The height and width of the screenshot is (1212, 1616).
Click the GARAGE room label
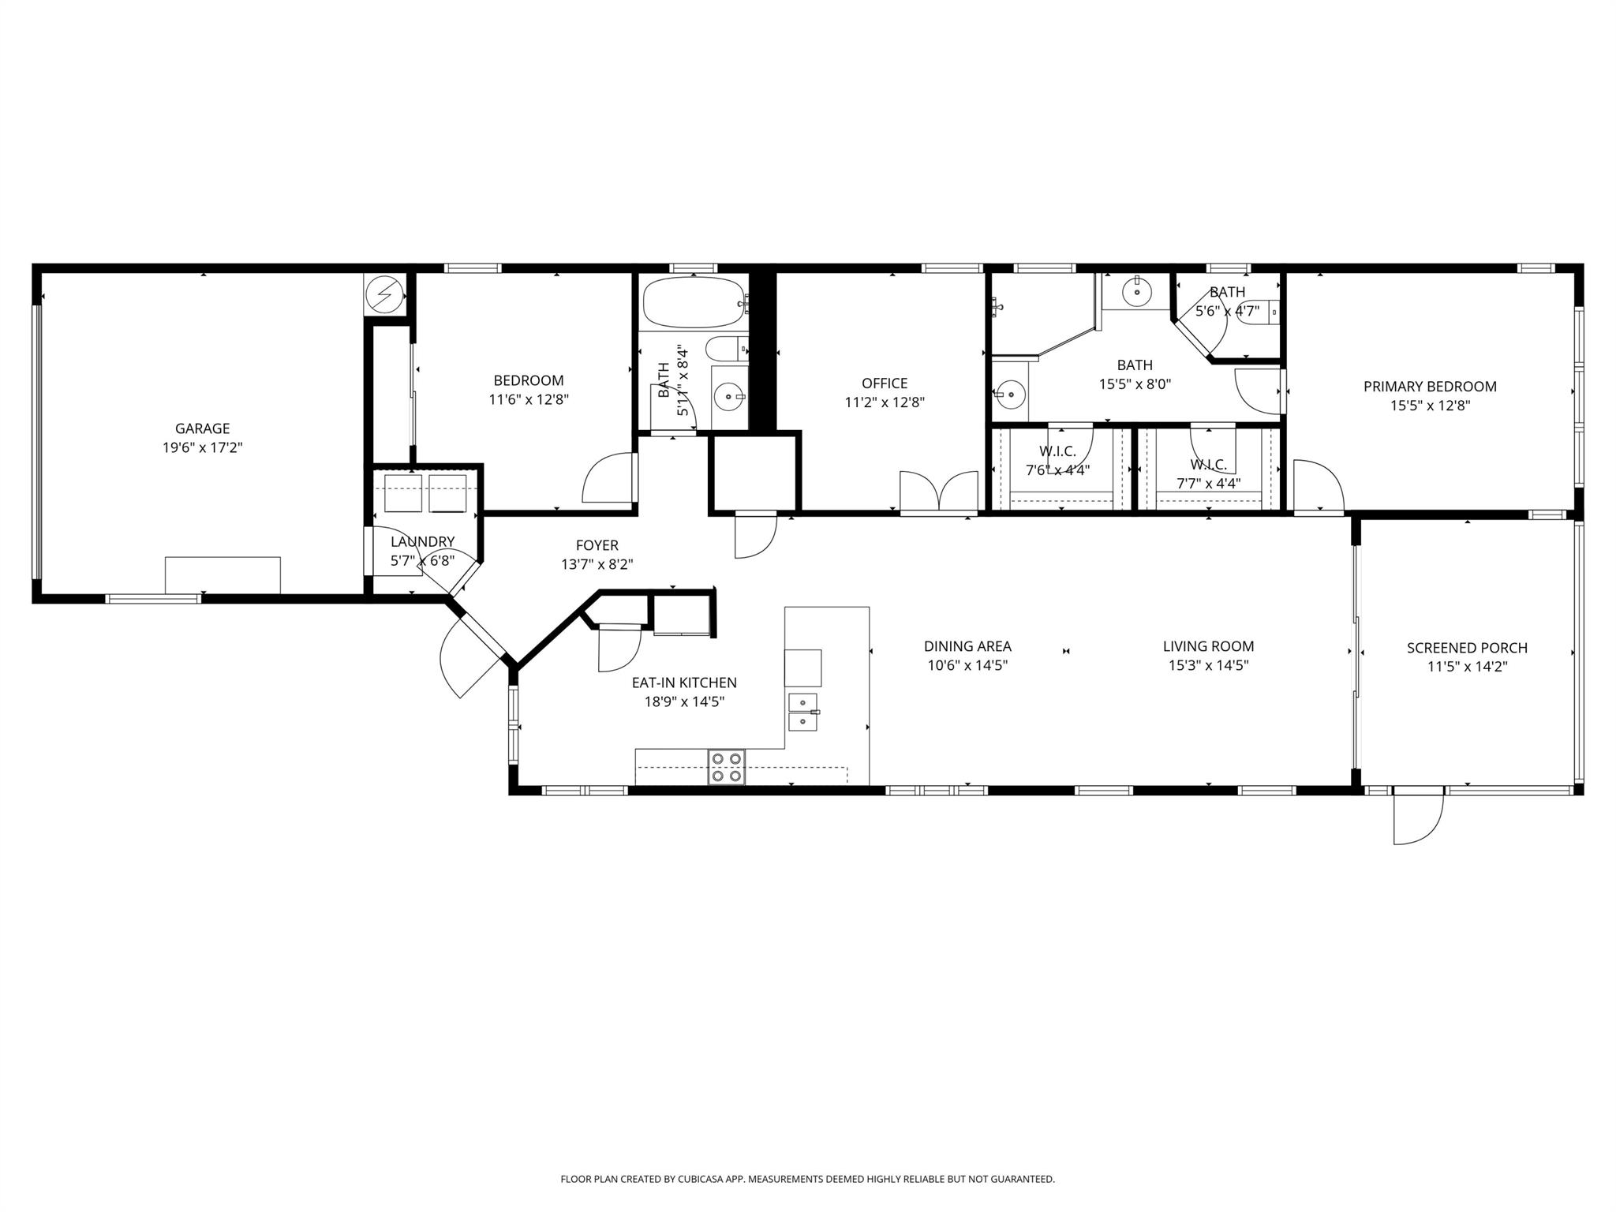[x=202, y=428]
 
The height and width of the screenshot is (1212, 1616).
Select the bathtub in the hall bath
[x=693, y=302]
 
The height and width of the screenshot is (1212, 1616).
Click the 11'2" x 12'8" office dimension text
[x=885, y=402]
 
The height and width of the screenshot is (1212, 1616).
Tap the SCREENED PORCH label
[x=1467, y=648]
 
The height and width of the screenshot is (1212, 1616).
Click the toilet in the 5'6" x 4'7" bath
[x=1256, y=312]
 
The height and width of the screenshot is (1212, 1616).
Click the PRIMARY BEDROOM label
[x=1430, y=387]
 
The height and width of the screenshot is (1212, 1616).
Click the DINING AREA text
[x=967, y=646]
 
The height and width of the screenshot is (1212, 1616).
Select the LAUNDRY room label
[x=422, y=541]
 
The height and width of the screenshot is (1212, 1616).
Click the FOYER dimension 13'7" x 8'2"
[x=597, y=564]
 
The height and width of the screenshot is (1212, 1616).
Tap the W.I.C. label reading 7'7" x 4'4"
[x=1208, y=483]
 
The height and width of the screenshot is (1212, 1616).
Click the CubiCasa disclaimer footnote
[x=807, y=1179]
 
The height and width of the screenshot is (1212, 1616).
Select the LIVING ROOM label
[x=1208, y=646]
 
